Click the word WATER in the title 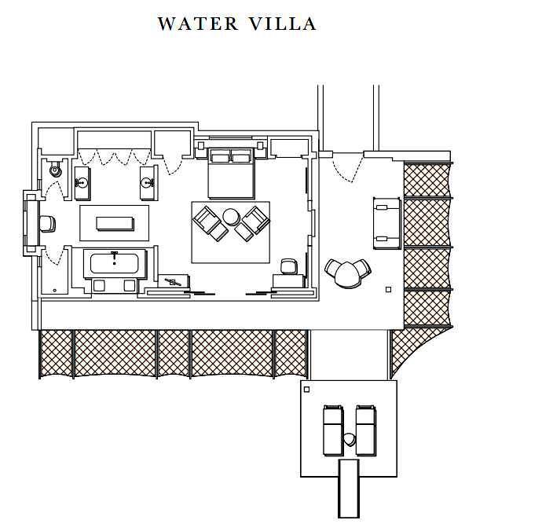[198, 24]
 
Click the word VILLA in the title [282, 24]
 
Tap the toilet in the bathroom [55, 169]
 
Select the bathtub [115, 263]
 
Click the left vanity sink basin [82, 182]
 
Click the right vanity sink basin [147, 182]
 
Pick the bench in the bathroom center [115, 223]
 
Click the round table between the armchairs [231, 217]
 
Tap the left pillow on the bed [220, 158]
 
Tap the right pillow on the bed [241, 158]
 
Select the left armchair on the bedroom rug [211, 224]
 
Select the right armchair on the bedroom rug [252, 224]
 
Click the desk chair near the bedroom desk [289, 266]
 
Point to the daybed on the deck [386, 223]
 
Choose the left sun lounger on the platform [333, 430]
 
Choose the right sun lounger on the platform [366, 430]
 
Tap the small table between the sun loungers [350, 440]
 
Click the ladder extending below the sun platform [349, 488]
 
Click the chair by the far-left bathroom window [48, 224]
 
